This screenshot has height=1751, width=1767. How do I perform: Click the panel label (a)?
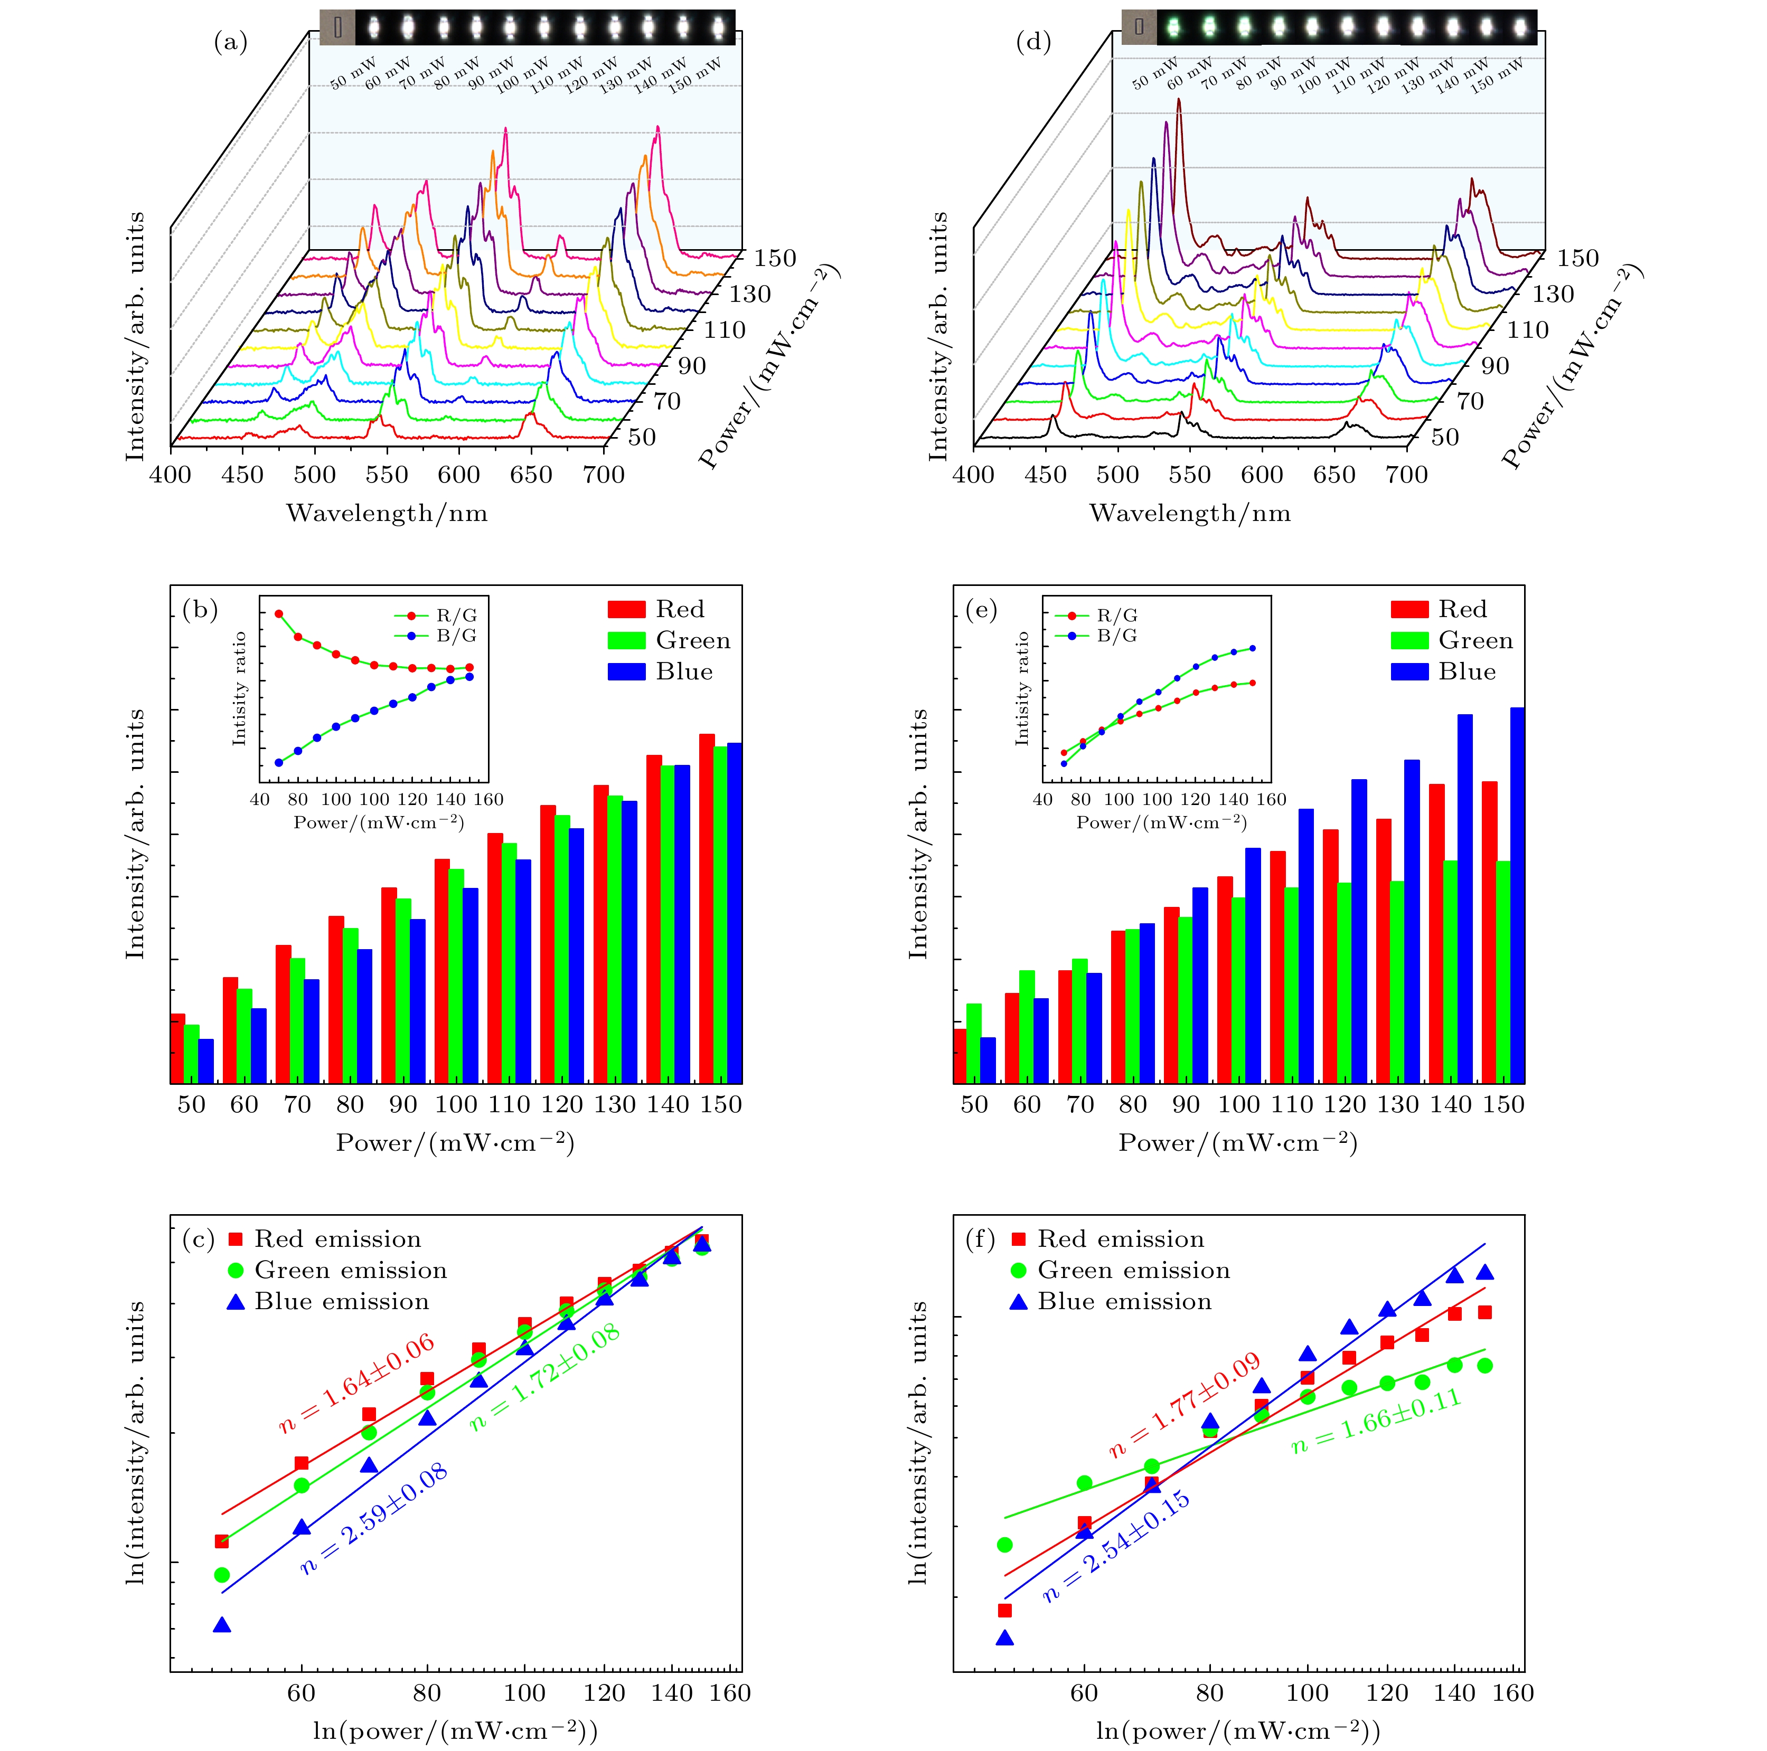230,42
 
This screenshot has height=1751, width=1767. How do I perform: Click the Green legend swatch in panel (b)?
626,640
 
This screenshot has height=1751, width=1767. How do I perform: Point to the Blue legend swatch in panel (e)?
1409,671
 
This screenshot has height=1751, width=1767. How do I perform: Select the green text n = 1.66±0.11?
1376,1421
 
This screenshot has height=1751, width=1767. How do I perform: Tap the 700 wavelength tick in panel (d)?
1407,475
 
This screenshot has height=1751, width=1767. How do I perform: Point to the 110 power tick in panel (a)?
725,330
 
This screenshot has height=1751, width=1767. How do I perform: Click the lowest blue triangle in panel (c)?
221,1625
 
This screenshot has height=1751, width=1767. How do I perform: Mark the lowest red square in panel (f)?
1004,1610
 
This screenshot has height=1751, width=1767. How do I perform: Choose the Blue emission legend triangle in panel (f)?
1018,1301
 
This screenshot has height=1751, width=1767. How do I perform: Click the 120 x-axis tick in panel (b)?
561,1104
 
